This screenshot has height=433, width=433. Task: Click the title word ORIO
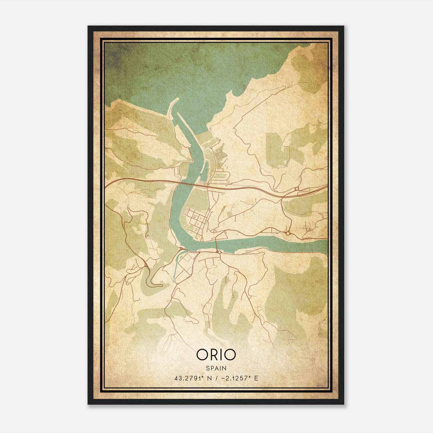coord(216,355)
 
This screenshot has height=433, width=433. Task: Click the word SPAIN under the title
coord(216,368)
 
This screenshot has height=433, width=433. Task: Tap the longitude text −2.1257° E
coord(240,378)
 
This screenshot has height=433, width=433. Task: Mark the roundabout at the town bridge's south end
coord(219,252)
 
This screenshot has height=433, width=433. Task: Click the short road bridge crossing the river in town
coord(216,245)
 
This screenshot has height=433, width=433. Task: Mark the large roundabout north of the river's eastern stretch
coord(288,233)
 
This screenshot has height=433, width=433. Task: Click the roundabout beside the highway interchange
coord(296,189)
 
